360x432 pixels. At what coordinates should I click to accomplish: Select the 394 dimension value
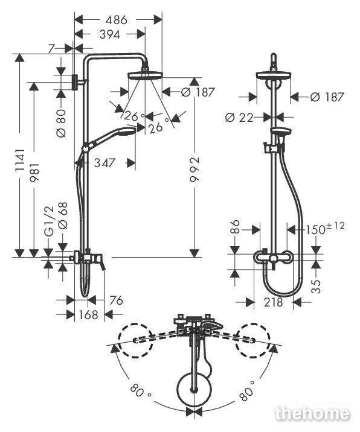pyautogui.click(x=110, y=34)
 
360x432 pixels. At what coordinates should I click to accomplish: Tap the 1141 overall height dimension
pyautogui.click(x=20, y=161)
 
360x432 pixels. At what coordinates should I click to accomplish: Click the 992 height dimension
pyautogui.click(x=194, y=170)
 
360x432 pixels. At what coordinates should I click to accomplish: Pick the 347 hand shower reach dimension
pyautogui.click(x=104, y=163)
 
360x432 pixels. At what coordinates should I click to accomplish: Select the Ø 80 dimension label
pyautogui.click(x=61, y=124)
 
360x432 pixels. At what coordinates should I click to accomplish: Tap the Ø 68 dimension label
pyautogui.click(x=63, y=215)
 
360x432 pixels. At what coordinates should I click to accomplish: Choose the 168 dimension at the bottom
pyautogui.click(x=89, y=314)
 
